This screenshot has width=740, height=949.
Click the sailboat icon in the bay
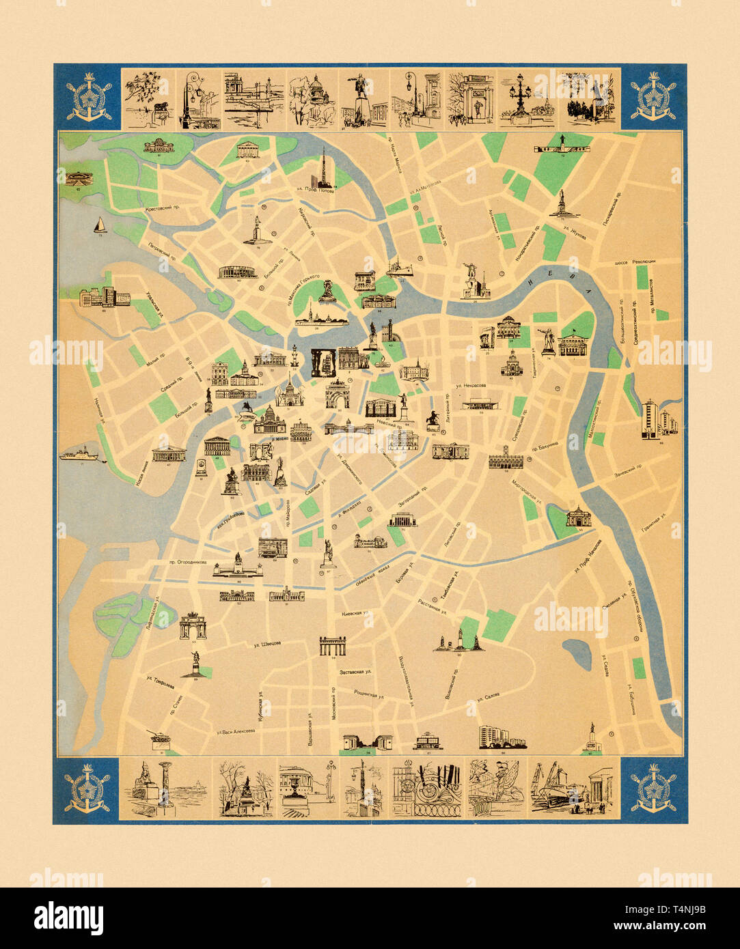click(100, 225)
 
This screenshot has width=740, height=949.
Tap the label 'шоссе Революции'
click(635, 261)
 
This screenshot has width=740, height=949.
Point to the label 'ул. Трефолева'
click(159, 679)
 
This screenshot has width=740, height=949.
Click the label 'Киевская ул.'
click(355, 614)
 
